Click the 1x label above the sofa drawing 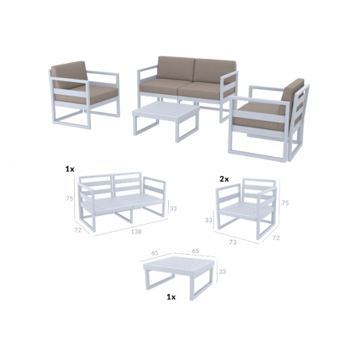pyautogui.click(x=70, y=170)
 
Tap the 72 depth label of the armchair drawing pyautogui.click(x=276, y=237)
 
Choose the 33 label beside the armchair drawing pyautogui.click(x=209, y=219)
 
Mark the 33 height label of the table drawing pyautogui.click(x=221, y=272)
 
